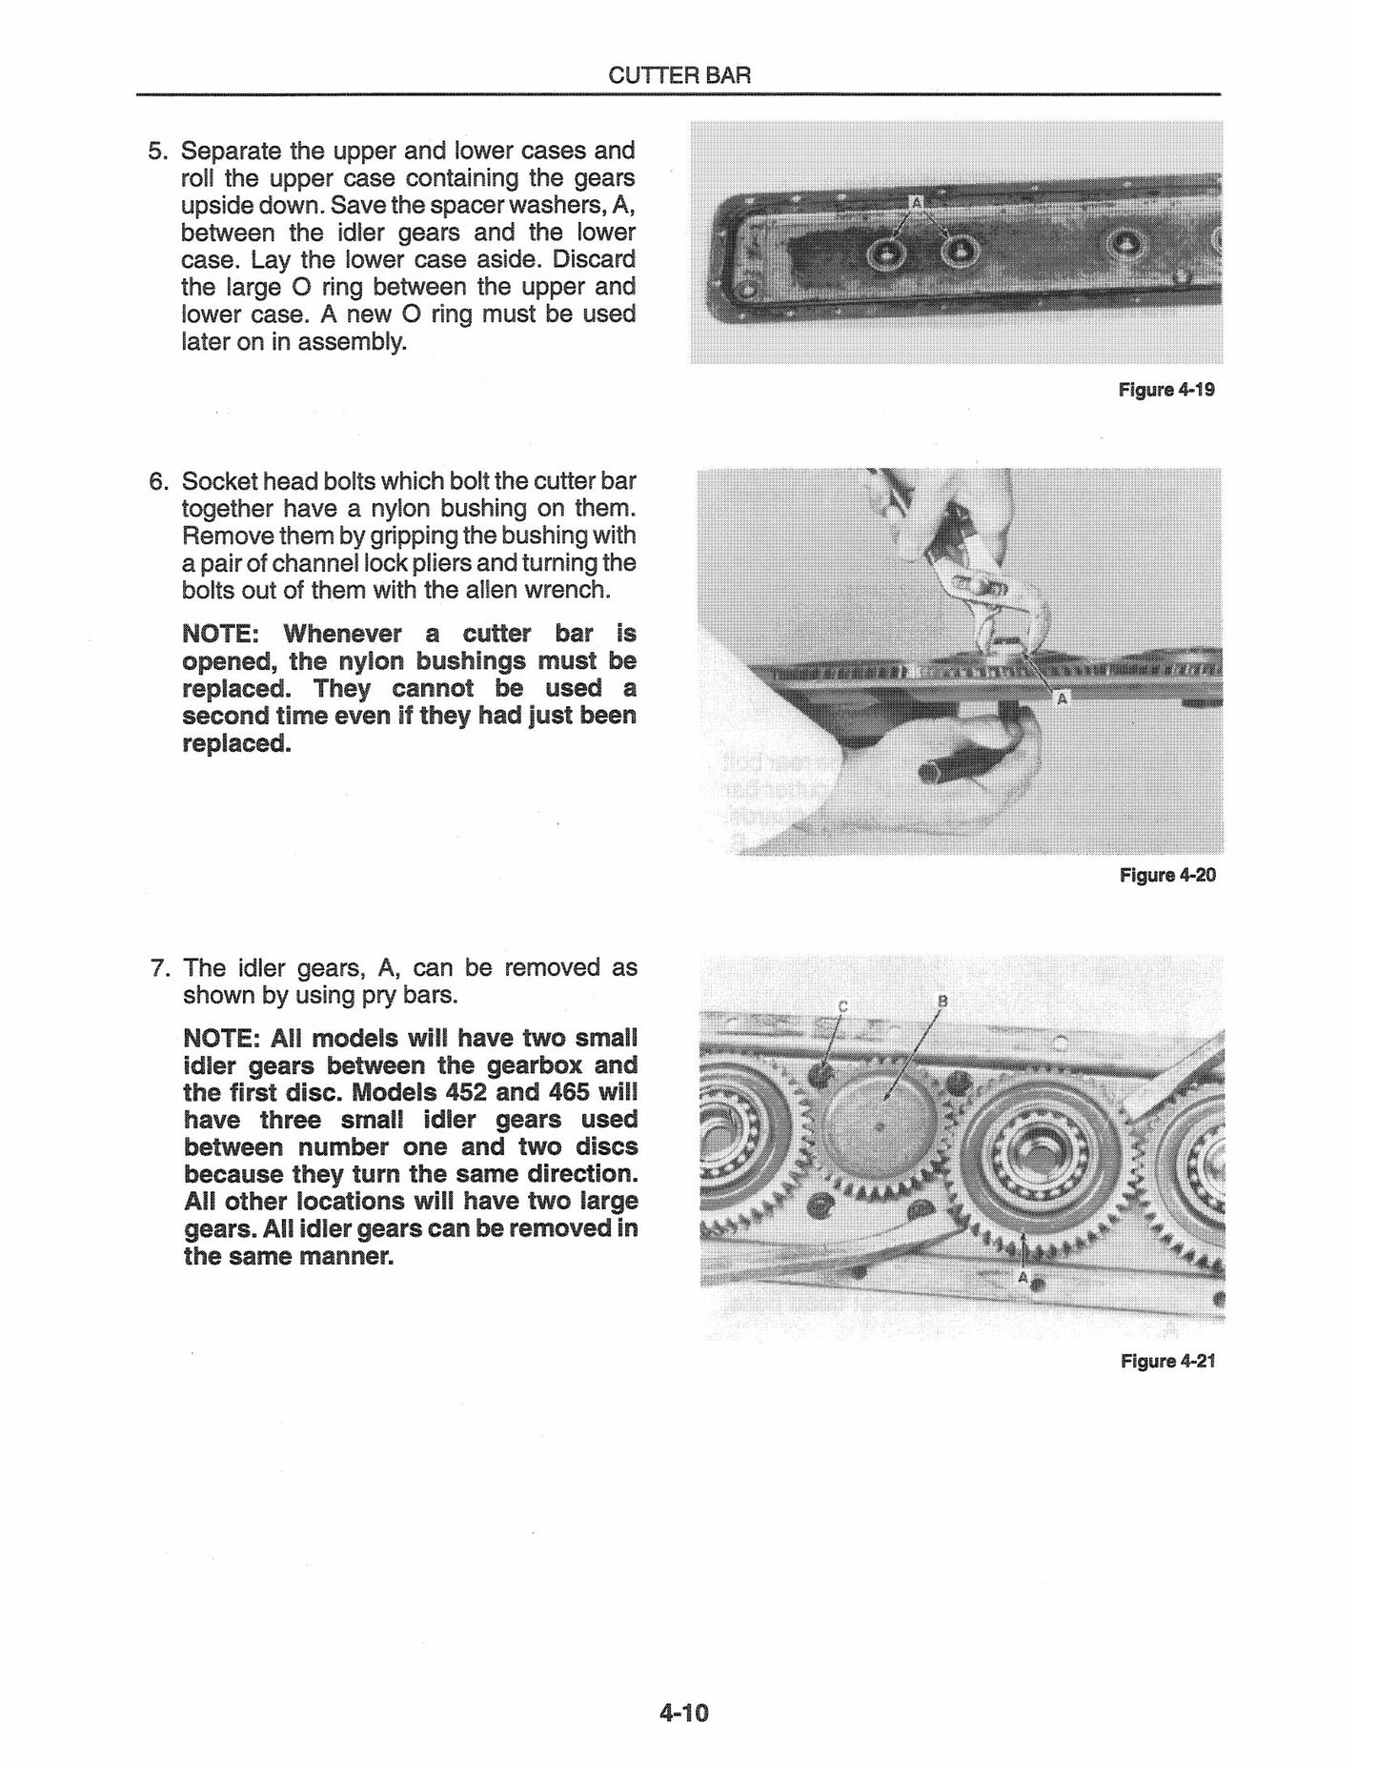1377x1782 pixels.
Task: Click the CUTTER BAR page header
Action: tap(678, 75)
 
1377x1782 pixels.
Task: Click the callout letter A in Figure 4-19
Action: tap(917, 202)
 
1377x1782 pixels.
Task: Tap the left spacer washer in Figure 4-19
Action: tap(888, 253)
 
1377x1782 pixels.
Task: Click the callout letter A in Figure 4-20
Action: tap(1062, 699)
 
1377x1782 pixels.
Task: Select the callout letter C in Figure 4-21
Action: tap(841, 1006)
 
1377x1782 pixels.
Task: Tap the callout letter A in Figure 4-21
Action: tap(1023, 1277)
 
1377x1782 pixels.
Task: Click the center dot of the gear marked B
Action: tap(880, 1127)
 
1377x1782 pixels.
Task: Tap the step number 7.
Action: tap(160, 968)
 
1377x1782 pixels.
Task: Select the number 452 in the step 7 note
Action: tap(460, 1092)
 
